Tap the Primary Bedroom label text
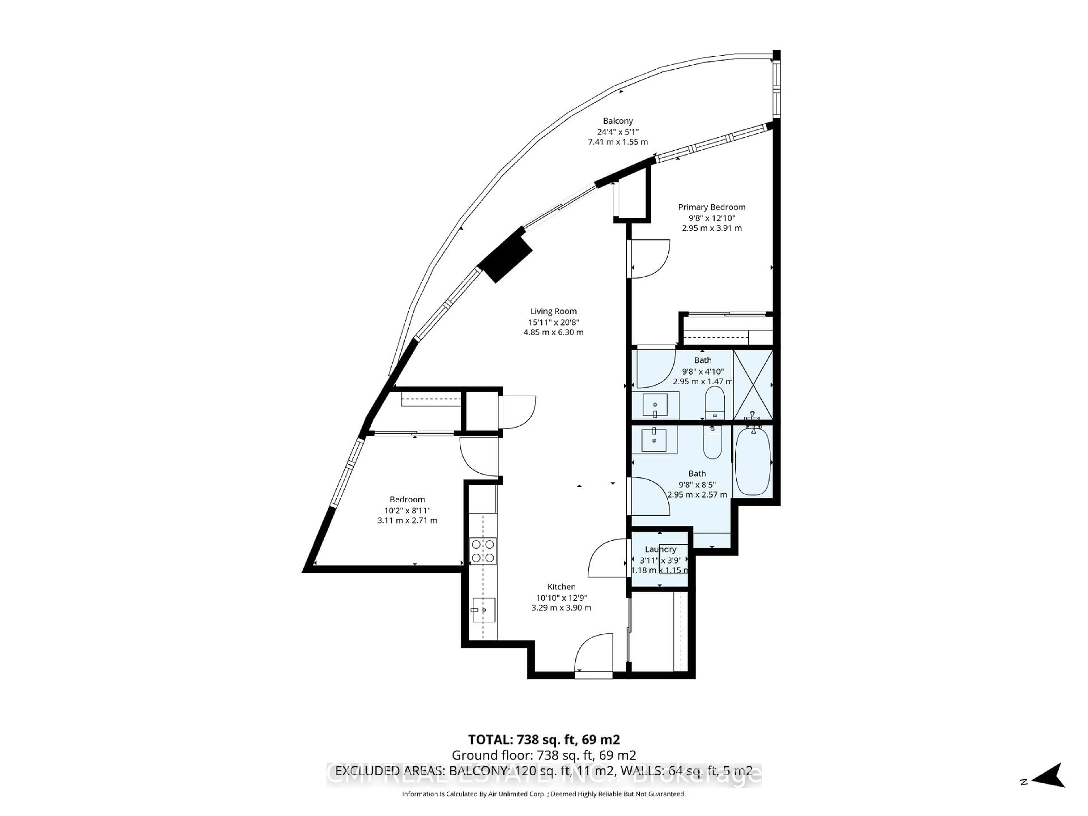(x=712, y=207)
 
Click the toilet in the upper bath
(x=715, y=401)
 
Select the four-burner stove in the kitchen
(x=483, y=551)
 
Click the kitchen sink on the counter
(x=483, y=610)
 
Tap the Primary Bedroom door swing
(x=649, y=258)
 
